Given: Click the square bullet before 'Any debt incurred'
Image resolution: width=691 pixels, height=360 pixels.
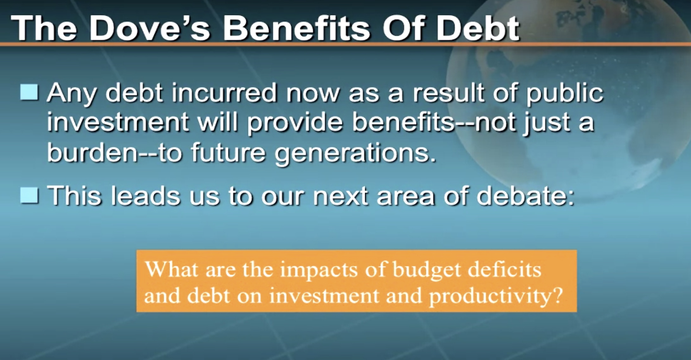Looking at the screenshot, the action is [29, 92].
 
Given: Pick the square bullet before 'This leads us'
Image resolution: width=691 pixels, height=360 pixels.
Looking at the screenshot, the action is [29, 195].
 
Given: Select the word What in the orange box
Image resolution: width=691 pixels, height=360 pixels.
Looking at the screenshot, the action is [172, 269].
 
